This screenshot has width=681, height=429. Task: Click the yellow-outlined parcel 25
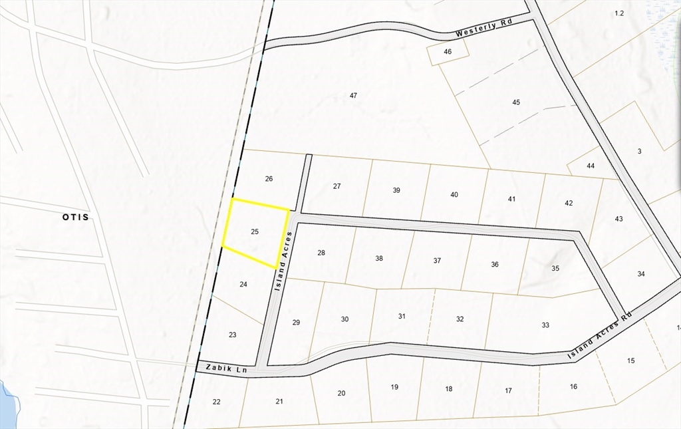click(x=255, y=232)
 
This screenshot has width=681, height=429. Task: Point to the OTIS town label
click(x=75, y=217)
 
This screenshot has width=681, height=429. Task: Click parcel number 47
click(x=354, y=96)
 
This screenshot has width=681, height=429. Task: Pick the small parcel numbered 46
click(x=448, y=51)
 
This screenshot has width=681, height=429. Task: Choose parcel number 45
click(x=516, y=102)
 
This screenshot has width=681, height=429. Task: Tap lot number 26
click(x=269, y=178)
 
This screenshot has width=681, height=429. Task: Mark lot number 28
click(x=321, y=253)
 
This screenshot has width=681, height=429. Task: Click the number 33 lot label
click(x=545, y=325)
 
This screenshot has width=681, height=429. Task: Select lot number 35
click(x=555, y=268)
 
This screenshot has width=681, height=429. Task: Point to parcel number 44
click(x=591, y=166)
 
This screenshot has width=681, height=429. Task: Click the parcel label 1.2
click(x=619, y=13)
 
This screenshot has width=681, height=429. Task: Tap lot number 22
click(x=216, y=402)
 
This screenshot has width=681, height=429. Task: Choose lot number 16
click(x=573, y=386)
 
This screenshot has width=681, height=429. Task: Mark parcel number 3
click(x=639, y=152)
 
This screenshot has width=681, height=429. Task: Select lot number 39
click(x=396, y=190)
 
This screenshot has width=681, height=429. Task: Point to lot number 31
click(x=402, y=316)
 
